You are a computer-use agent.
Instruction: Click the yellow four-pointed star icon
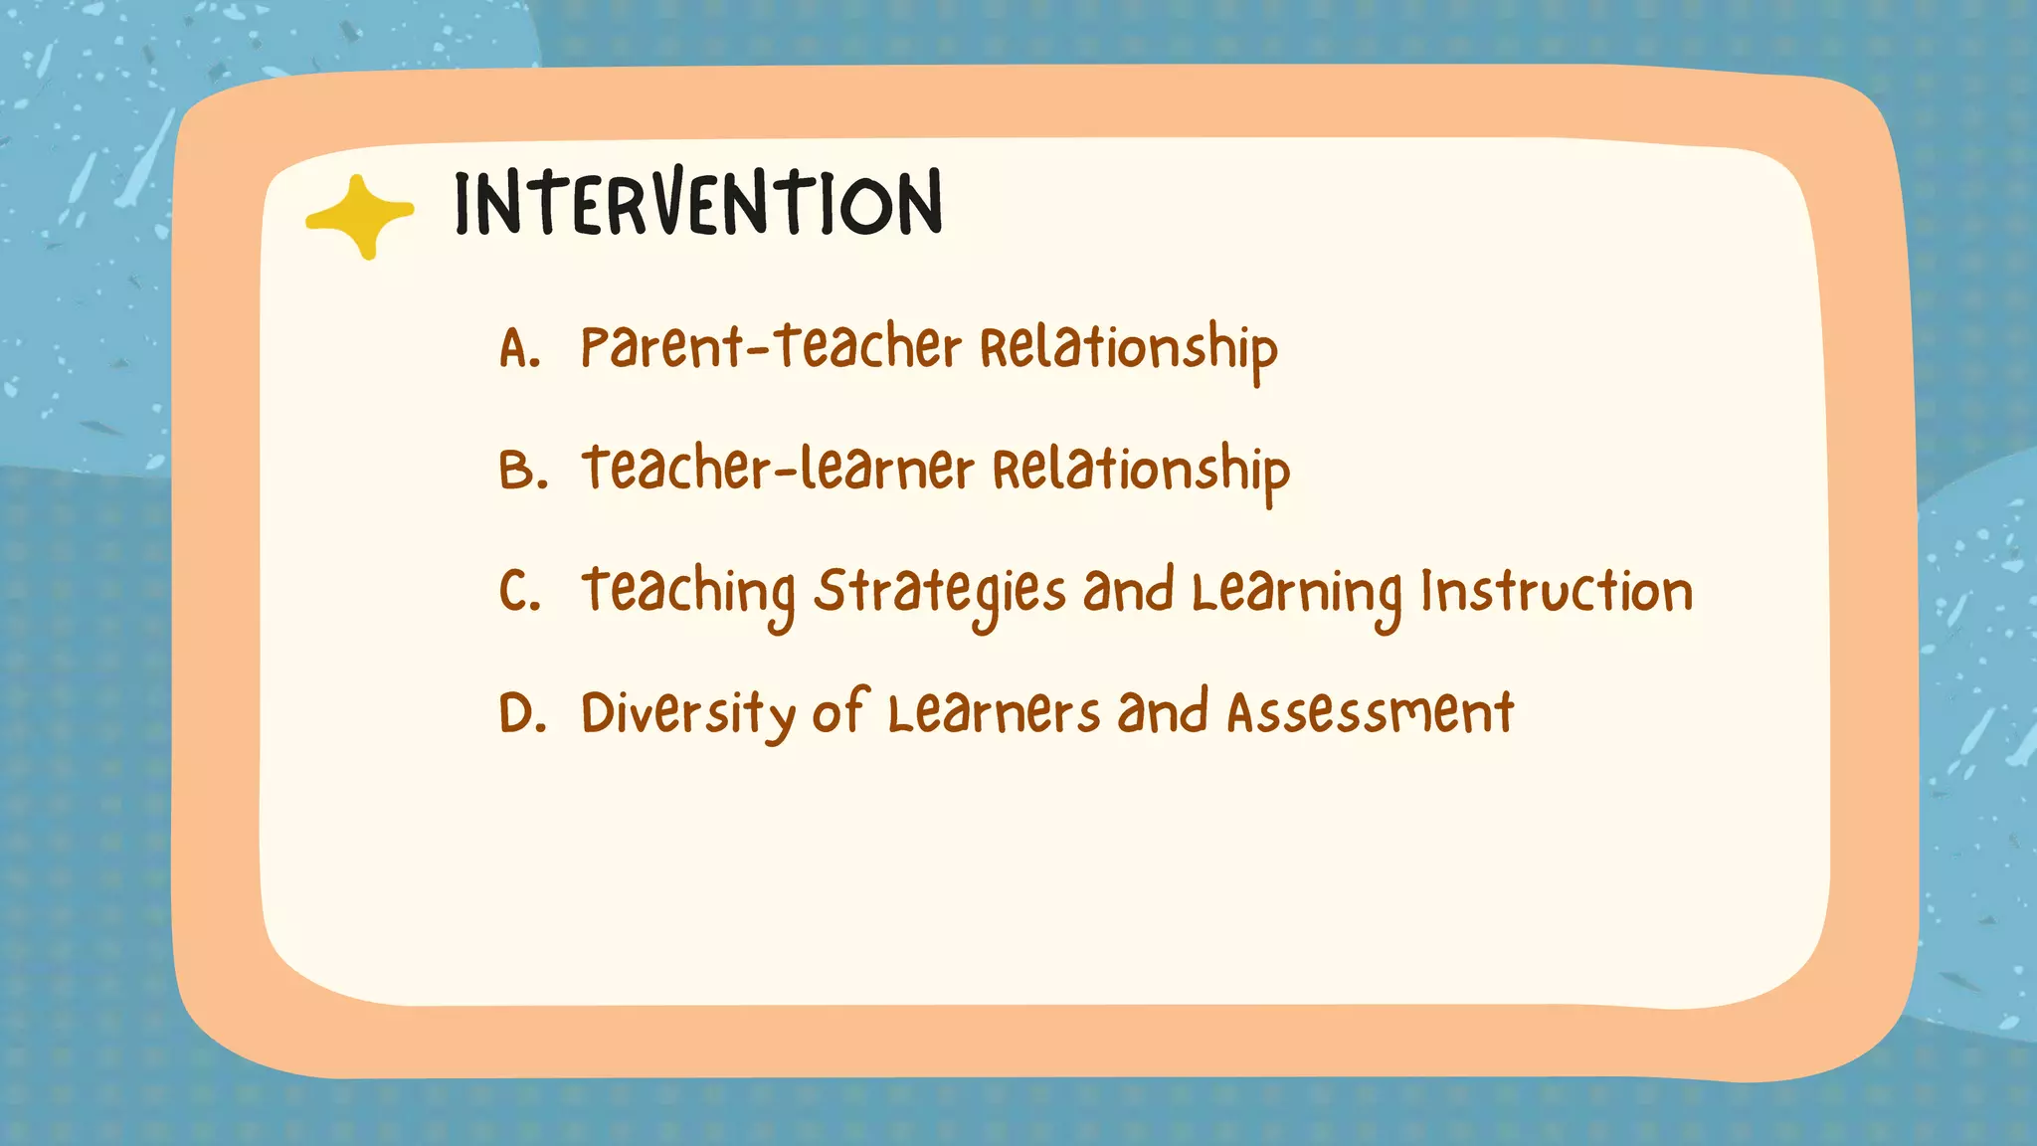[359, 216]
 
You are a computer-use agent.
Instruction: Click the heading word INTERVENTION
[698, 204]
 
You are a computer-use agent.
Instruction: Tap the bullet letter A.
[518, 349]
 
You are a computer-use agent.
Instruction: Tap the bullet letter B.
[522, 471]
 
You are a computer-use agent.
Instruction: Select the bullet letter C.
[519, 591]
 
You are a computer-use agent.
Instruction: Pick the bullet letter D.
[522, 713]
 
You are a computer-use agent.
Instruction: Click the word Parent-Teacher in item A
[771, 348]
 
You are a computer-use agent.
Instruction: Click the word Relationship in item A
[1128, 350]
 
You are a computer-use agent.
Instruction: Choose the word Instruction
[1557, 591]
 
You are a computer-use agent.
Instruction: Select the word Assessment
[1370, 713]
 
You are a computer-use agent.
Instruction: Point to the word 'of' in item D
[840, 712]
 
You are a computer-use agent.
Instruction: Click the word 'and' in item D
[1162, 713]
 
